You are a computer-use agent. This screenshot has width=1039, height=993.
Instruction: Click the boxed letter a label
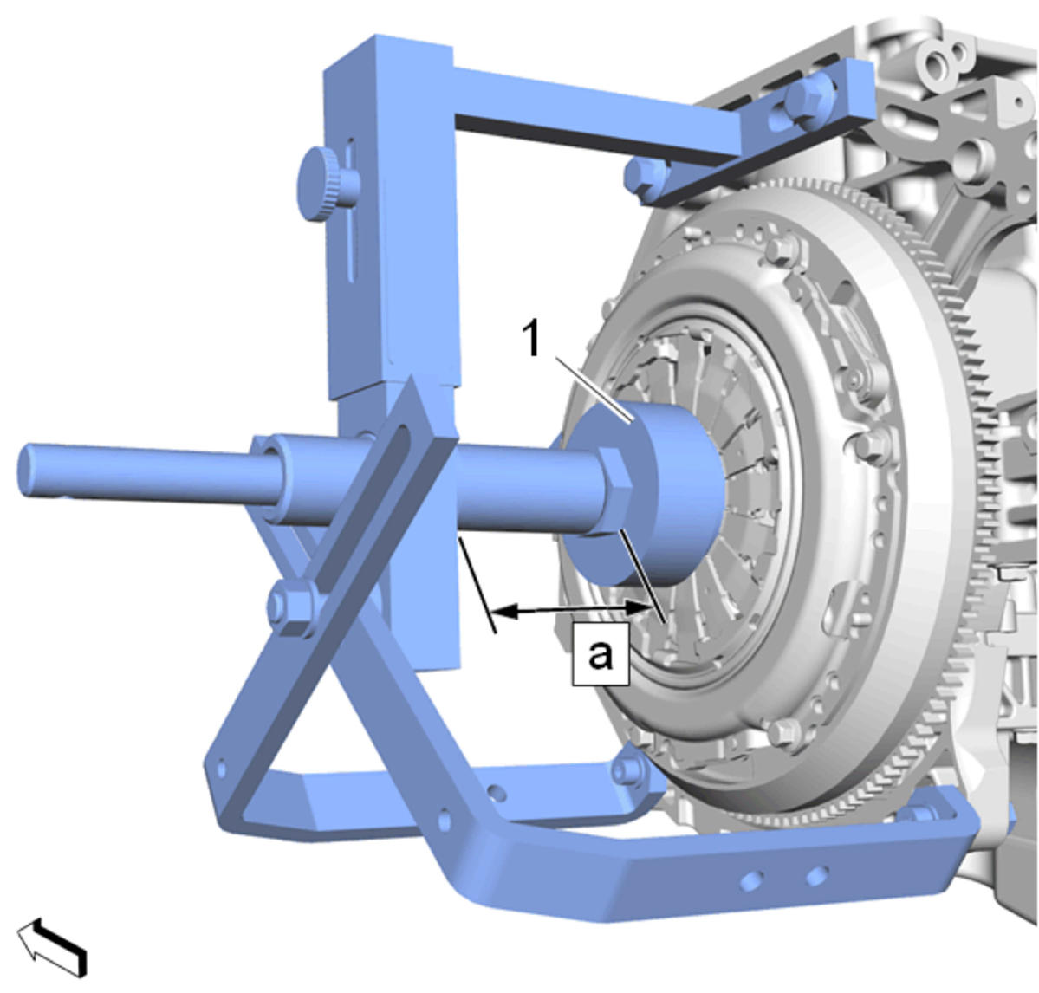(601, 654)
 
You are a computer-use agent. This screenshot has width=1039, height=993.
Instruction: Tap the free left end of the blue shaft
(28, 471)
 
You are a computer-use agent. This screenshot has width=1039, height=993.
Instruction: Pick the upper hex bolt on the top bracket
(808, 100)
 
